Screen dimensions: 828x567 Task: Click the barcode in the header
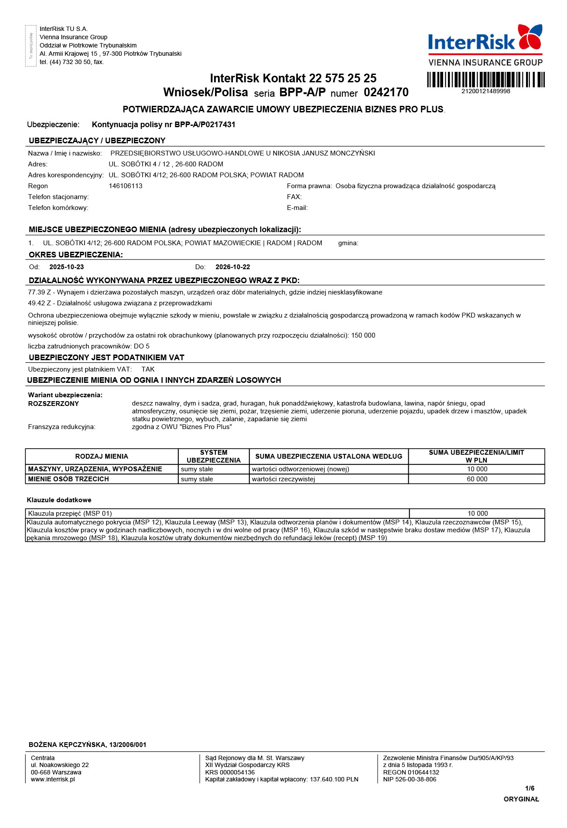pos(485,80)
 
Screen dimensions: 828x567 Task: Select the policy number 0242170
pos(386,92)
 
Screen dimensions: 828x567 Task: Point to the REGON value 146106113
pos(126,186)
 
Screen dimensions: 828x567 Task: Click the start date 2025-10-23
pos(66,267)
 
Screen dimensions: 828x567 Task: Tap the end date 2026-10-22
pos(232,267)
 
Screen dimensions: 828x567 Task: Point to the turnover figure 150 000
pos(363,335)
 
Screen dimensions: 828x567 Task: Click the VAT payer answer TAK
pos(148,369)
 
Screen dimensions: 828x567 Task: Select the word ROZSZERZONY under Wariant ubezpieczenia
pos(54,404)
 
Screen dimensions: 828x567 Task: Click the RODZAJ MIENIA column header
pos(102,456)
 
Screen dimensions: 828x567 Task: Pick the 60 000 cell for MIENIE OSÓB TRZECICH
pos(477,479)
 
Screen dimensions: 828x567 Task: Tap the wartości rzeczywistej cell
pos(283,479)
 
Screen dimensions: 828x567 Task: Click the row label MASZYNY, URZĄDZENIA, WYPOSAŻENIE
pos(95,469)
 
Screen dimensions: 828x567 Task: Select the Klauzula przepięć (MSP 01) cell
pos(70,514)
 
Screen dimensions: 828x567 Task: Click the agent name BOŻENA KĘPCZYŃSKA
pos(68,745)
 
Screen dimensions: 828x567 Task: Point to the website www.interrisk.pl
pos(53,779)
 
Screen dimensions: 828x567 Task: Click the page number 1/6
pos(529,788)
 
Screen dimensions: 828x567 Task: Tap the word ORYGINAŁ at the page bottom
pos(521,799)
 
